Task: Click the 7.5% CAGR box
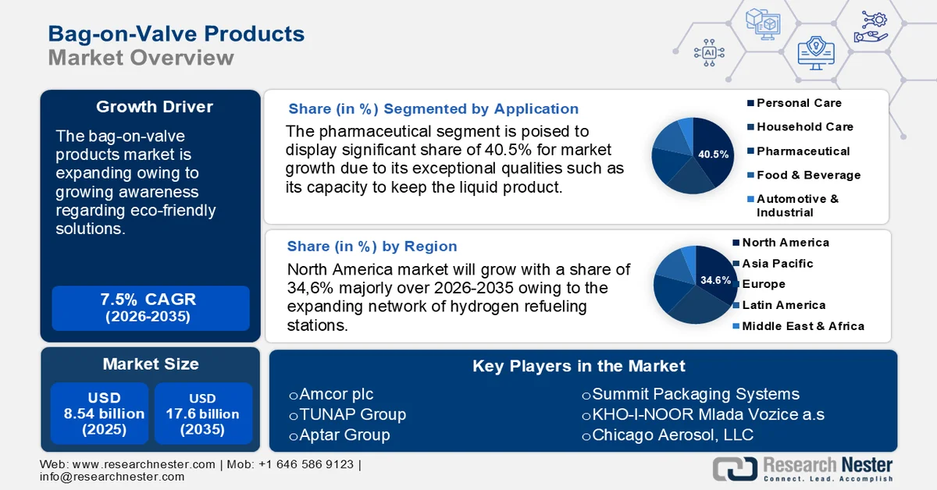tap(151, 308)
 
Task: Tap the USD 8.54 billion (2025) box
tap(98, 414)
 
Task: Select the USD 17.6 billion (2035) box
tap(203, 414)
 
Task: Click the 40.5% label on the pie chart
tap(713, 154)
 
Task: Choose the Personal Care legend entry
tap(799, 103)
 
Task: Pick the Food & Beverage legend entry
tap(808, 176)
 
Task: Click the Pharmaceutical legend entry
tap(803, 151)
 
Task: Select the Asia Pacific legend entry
tap(777, 264)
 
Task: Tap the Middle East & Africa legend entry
tap(803, 326)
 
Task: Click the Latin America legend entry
tap(783, 305)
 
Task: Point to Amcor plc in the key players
tap(331, 394)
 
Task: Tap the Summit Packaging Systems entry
tap(690, 394)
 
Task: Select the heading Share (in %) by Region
tap(372, 247)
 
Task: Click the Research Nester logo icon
tap(734, 468)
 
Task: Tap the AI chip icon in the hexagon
tap(709, 52)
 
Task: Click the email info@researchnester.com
tap(112, 477)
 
